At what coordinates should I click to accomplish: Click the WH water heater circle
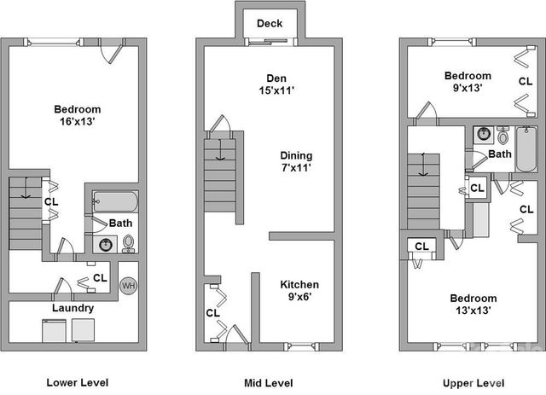click(x=128, y=286)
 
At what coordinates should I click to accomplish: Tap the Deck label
click(x=270, y=23)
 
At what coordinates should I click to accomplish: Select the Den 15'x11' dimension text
click(x=276, y=90)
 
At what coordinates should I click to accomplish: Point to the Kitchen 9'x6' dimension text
click(x=299, y=297)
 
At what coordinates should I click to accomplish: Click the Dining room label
click(x=296, y=155)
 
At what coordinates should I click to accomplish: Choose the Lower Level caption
click(x=78, y=382)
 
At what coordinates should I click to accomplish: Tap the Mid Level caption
click(x=269, y=383)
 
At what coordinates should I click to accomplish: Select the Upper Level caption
click(x=473, y=383)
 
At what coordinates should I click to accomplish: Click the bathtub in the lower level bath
click(x=115, y=201)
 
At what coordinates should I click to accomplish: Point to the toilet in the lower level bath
click(x=129, y=243)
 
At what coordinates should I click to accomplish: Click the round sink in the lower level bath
click(x=106, y=245)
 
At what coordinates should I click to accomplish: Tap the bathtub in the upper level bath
click(x=526, y=148)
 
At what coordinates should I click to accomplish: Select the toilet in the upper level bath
click(x=502, y=135)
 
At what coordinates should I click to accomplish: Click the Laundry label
click(x=73, y=308)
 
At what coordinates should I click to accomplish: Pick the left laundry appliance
click(x=54, y=330)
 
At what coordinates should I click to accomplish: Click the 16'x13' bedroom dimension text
click(x=78, y=121)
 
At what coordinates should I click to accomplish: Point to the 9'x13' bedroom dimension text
click(x=468, y=88)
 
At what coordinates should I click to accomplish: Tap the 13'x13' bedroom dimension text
click(x=473, y=310)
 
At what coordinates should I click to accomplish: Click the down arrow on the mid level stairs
click(x=220, y=149)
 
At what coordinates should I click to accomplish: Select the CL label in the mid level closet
click(x=212, y=313)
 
